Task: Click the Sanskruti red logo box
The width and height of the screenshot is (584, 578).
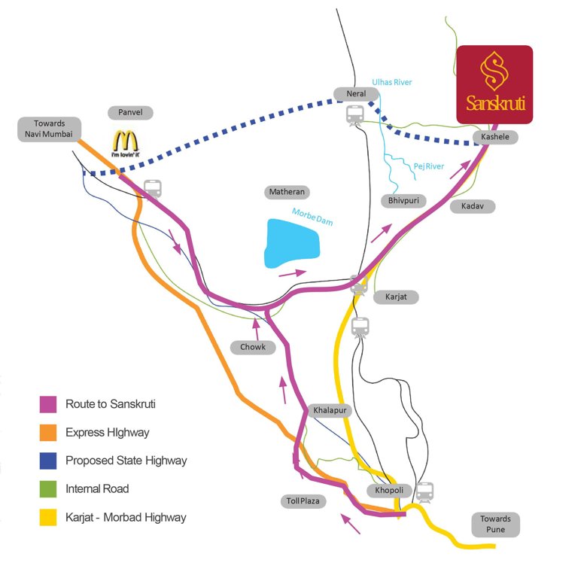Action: click(x=494, y=84)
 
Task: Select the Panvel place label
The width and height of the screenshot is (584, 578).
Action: click(x=130, y=113)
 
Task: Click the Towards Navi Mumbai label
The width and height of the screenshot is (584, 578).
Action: click(x=49, y=129)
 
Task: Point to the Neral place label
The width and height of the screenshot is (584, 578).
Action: click(x=356, y=94)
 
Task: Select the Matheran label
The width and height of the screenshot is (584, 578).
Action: click(x=287, y=193)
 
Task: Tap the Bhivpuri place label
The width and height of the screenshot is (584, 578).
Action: click(x=404, y=201)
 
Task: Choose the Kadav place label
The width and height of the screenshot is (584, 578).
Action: click(x=473, y=206)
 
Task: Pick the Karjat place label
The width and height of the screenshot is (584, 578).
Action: click(x=396, y=297)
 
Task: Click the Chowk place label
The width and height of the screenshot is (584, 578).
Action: click(x=253, y=347)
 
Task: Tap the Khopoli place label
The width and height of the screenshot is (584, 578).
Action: click(x=390, y=490)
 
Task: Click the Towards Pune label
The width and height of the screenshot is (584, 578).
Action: click(x=495, y=525)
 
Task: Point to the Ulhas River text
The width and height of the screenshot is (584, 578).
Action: click(x=392, y=82)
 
